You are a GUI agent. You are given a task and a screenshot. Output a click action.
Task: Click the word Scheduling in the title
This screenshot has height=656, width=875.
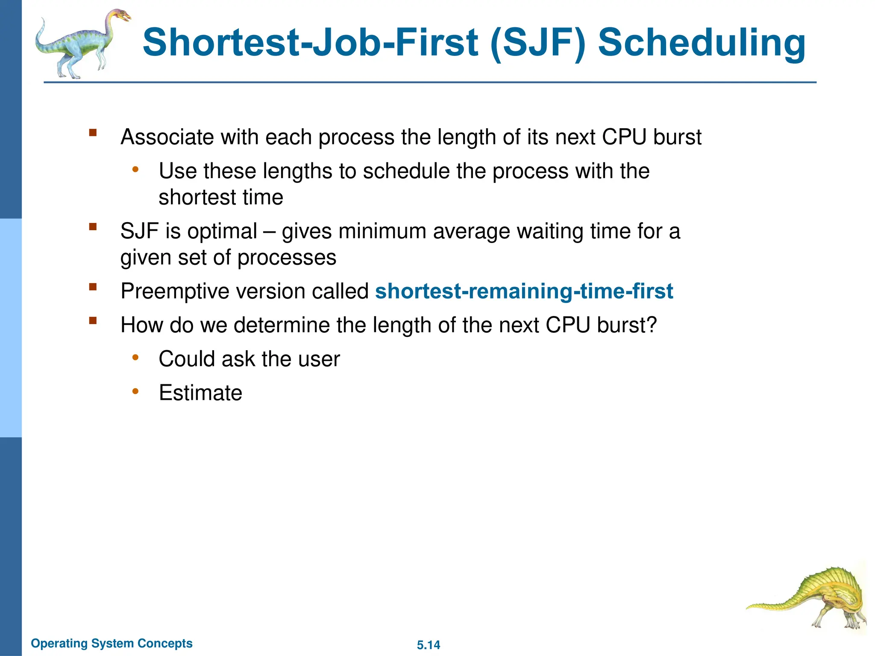point(701,43)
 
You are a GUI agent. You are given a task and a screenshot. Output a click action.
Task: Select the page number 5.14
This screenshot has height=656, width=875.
point(428,645)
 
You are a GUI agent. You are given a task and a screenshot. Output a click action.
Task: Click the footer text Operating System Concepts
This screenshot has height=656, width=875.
point(112,643)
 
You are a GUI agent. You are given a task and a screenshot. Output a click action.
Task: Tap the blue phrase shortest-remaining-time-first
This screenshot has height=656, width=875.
point(524,291)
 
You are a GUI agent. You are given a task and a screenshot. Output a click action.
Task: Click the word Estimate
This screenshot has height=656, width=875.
point(200,393)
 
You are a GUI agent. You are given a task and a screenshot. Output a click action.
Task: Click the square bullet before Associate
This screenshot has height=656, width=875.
point(93,132)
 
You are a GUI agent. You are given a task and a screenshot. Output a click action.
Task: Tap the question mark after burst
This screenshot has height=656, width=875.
point(651,325)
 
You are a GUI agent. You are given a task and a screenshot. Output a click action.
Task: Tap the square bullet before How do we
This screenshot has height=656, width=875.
point(93,320)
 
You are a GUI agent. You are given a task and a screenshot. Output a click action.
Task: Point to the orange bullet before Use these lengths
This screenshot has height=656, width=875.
point(135,170)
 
